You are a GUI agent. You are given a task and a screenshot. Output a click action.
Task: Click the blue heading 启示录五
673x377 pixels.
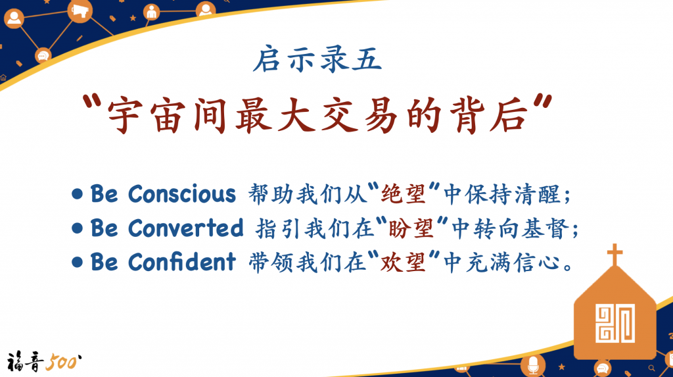(x=317, y=59)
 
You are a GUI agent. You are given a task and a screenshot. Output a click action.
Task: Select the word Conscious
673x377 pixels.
(x=182, y=194)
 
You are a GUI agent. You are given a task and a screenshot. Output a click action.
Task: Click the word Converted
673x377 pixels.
(x=185, y=228)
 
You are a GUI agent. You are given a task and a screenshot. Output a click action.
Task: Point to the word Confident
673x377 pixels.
(x=182, y=262)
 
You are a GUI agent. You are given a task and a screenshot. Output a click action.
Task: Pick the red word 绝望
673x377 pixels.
(x=403, y=194)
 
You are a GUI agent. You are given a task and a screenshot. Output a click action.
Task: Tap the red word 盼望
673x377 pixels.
(x=410, y=228)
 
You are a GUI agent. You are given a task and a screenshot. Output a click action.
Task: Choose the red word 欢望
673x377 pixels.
(x=403, y=262)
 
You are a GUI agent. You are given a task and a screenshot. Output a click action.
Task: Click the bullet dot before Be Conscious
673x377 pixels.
(x=78, y=194)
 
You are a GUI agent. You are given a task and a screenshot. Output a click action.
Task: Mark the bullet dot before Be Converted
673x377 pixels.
(x=78, y=228)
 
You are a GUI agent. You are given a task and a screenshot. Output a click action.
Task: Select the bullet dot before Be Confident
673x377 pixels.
(x=78, y=263)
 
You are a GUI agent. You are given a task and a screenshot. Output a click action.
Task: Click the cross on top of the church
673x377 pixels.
(x=615, y=255)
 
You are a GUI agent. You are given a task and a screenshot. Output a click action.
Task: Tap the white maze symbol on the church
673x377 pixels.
(x=615, y=323)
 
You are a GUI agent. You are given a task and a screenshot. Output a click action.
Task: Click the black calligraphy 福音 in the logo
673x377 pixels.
(x=25, y=361)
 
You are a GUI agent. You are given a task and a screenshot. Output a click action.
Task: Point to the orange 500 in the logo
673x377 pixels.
(x=63, y=362)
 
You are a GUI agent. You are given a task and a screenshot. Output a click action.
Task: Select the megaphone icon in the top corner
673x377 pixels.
(x=80, y=11)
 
